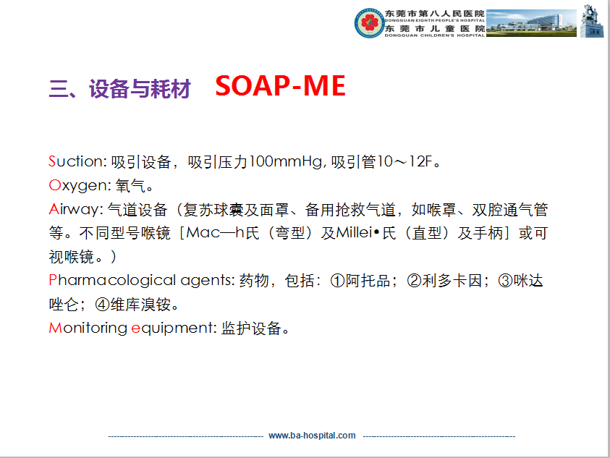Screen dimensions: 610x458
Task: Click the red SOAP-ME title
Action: coord(280,86)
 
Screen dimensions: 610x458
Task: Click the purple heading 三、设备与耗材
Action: coord(120,88)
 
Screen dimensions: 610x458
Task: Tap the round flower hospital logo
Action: coord(369,22)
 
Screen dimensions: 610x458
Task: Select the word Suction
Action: coord(77,161)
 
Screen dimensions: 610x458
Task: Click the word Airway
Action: coord(75,209)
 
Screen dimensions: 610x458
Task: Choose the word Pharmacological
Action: coord(112,281)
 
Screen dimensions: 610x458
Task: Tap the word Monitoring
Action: coord(88,328)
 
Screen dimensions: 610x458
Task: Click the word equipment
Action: coord(173,328)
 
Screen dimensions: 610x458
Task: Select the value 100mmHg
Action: coord(286,161)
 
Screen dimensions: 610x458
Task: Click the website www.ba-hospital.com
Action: coord(312,436)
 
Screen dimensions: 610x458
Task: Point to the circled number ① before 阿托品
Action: coord(337,281)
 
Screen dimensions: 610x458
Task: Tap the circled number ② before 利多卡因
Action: coord(414,281)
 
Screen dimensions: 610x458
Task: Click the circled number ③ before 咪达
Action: coord(505,281)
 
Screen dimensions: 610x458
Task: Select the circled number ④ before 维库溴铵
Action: coord(102,305)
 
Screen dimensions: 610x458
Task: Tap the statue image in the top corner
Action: coord(592,21)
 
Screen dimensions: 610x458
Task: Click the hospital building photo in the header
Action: coord(531,23)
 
